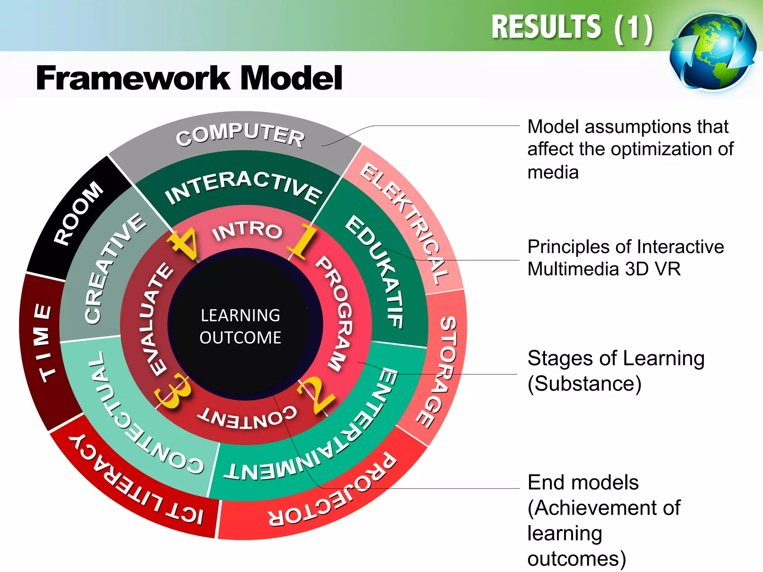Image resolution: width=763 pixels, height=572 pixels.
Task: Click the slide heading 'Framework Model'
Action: [189, 78]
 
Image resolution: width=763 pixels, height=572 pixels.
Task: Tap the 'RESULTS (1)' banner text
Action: [572, 28]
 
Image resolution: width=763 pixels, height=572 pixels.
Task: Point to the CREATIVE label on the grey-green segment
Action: [114, 268]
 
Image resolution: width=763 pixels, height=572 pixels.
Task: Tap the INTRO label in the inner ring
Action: [247, 231]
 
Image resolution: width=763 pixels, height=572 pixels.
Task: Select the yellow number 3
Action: [172, 391]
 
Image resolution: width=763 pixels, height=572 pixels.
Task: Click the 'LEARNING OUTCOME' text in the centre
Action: [240, 326]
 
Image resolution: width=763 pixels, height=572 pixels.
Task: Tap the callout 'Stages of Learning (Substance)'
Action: [616, 371]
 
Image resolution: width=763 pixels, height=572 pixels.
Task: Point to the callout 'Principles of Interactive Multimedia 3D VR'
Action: [626, 258]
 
